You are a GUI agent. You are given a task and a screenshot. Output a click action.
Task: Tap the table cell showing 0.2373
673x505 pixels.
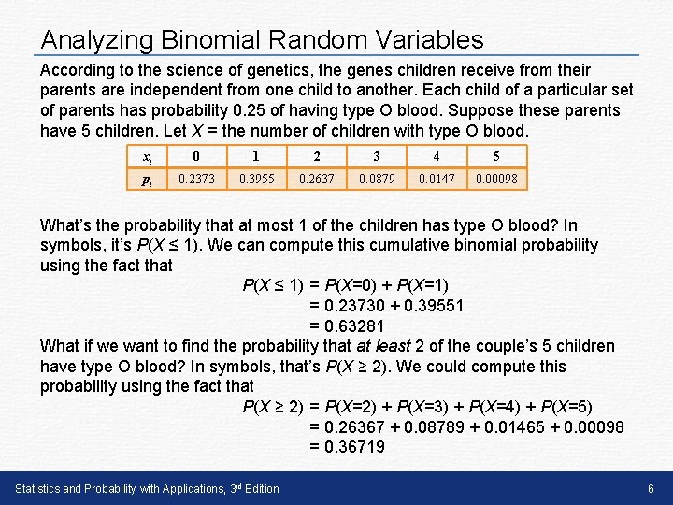coord(196,179)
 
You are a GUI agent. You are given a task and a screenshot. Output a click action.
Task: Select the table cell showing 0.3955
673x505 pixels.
coord(257,179)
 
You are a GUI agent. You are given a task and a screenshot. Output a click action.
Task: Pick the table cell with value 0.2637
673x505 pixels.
coord(317,179)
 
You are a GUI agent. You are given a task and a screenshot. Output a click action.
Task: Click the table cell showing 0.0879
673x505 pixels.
coord(377,179)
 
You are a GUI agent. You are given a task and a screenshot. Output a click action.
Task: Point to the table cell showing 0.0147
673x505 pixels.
coord(437,179)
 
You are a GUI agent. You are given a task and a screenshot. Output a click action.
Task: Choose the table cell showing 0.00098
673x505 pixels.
coord(496,179)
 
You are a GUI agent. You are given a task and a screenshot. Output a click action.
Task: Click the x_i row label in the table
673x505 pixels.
coord(148,157)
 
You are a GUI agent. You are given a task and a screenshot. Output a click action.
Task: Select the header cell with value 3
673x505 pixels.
coord(377,157)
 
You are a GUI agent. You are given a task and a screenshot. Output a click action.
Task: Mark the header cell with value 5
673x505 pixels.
coord(496,157)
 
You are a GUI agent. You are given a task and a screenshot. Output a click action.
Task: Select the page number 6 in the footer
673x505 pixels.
coord(651,489)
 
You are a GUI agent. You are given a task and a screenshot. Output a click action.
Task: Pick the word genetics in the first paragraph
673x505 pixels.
coord(221,70)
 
